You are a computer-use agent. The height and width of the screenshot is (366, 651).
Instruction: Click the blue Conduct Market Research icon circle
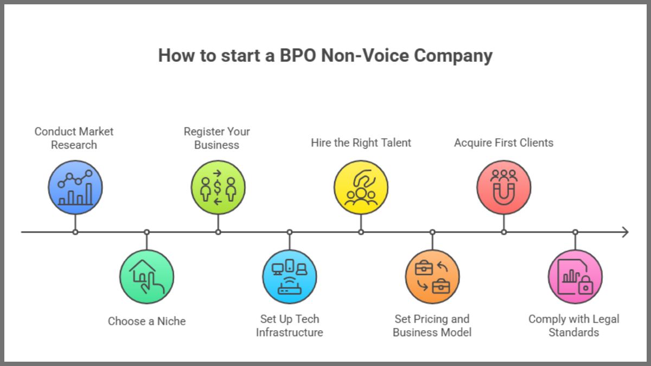click(x=75, y=188)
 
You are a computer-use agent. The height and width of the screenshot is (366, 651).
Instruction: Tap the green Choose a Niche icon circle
click(x=146, y=277)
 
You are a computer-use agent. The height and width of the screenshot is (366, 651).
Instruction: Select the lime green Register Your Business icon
click(x=218, y=188)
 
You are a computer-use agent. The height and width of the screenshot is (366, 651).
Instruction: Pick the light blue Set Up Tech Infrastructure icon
click(x=289, y=277)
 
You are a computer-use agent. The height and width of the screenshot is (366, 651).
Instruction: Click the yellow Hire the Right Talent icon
click(x=361, y=188)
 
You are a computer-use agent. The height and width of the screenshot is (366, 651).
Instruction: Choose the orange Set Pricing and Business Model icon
click(x=432, y=277)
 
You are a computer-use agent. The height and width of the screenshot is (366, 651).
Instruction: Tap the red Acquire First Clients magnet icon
click(x=503, y=188)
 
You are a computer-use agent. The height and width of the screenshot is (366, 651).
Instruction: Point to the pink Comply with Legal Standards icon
click(x=575, y=277)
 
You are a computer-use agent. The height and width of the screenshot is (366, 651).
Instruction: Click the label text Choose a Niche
click(x=146, y=321)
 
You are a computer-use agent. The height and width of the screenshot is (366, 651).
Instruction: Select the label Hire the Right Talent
click(x=361, y=143)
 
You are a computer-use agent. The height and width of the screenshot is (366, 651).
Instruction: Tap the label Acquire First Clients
click(x=503, y=143)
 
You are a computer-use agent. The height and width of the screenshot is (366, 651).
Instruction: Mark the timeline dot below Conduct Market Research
click(x=75, y=232)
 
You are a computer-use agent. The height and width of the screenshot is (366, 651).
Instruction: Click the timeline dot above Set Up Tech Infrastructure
click(x=289, y=232)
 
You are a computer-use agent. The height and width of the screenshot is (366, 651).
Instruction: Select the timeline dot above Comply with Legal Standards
click(x=575, y=232)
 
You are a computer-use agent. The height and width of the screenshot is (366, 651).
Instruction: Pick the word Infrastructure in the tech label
click(x=289, y=332)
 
